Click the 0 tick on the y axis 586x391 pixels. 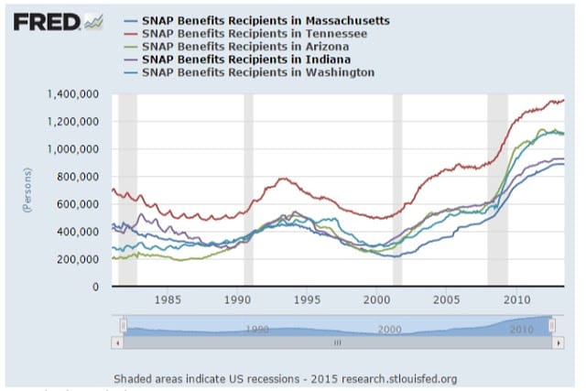point(95,287)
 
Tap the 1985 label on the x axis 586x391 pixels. point(168,299)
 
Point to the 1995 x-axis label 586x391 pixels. point(307,299)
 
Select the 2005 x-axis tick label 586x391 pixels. point(447,299)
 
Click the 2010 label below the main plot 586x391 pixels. point(516,299)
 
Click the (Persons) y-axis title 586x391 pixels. point(29,190)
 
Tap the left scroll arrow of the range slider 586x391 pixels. point(115,342)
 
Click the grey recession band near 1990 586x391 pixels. point(248,190)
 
